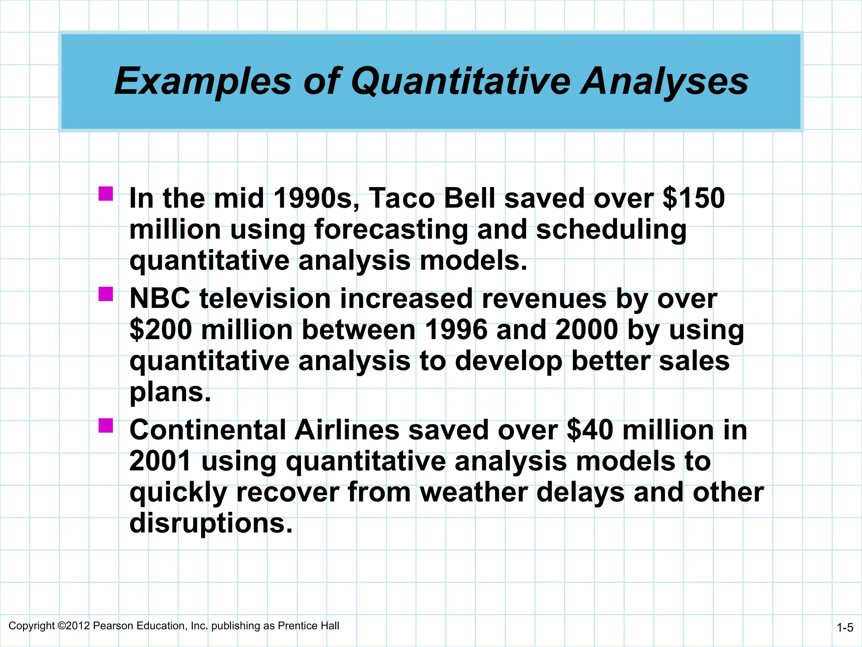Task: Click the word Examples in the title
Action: click(203, 82)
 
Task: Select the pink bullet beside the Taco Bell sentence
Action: click(106, 194)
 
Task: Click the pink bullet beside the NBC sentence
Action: click(106, 294)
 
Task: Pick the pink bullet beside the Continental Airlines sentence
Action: click(106, 425)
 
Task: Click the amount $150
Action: click(693, 198)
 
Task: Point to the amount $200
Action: click(161, 329)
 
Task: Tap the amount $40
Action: click(590, 430)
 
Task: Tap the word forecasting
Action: click(391, 230)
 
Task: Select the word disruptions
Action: click(210, 524)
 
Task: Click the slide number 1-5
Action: click(845, 628)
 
